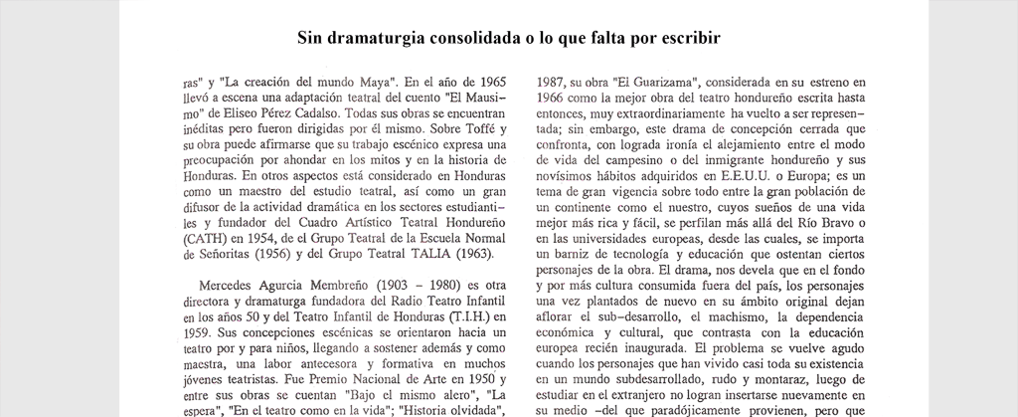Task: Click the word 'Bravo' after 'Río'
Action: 851,225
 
